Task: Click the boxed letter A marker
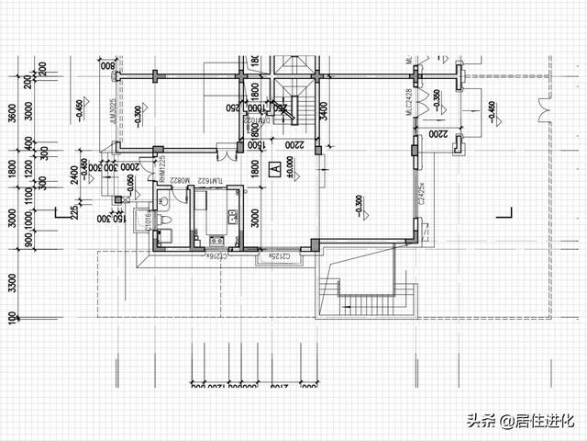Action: pyautogui.click(x=274, y=170)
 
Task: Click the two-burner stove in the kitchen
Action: pyautogui.click(x=232, y=218)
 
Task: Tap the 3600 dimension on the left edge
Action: pyautogui.click(x=12, y=112)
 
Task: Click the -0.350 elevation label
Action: pyautogui.click(x=437, y=98)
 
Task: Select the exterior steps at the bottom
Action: pyautogui.click(x=375, y=304)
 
